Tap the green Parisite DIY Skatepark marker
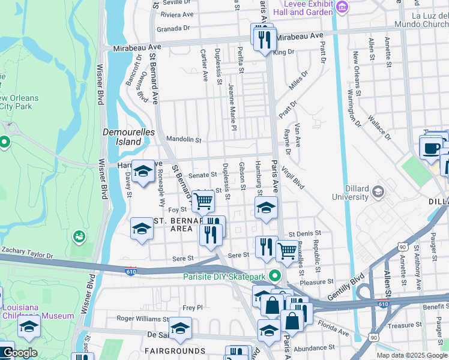[276, 276]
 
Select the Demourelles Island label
[129, 137]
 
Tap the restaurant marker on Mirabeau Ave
[264, 40]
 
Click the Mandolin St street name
[184, 139]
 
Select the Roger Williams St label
[142, 319]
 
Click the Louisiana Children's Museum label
[36, 311]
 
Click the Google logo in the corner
[20, 353]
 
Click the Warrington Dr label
[353, 108]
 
